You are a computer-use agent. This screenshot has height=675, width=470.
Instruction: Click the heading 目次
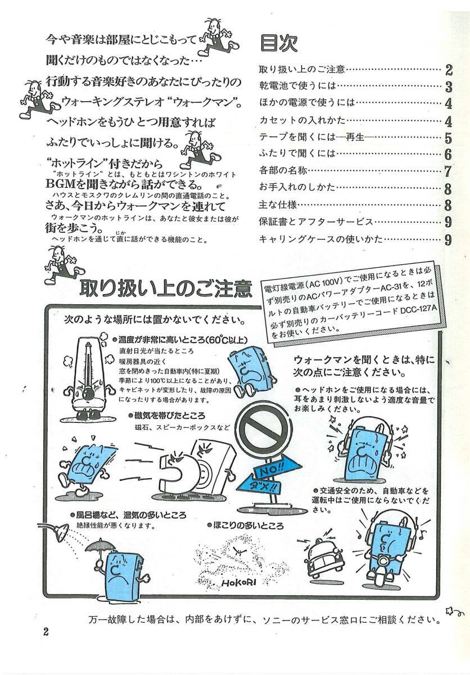278,43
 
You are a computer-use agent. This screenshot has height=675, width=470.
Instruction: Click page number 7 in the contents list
448,172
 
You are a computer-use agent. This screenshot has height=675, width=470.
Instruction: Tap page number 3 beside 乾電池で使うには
448,87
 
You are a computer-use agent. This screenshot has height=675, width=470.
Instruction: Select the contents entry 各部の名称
283,171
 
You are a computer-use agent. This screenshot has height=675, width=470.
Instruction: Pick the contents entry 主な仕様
278,205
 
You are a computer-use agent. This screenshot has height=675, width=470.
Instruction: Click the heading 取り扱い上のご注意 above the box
166,289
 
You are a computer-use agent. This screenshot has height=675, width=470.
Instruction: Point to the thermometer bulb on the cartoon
88,393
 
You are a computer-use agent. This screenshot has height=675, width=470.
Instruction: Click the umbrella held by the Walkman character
100,546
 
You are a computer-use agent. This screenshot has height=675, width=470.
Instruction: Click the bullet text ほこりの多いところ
245,526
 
